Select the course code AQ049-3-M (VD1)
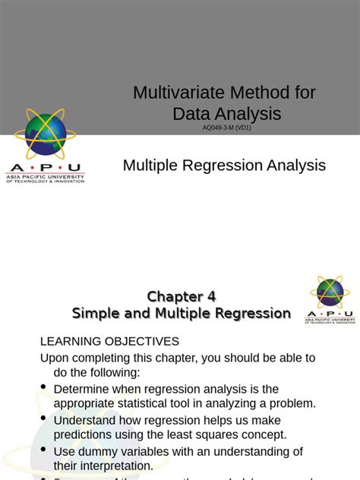[226, 128]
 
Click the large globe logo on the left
[48, 134]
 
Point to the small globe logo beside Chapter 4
[330, 292]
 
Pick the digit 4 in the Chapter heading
[219, 296]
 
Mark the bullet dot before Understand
[43, 418]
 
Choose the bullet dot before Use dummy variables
[43, 450]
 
